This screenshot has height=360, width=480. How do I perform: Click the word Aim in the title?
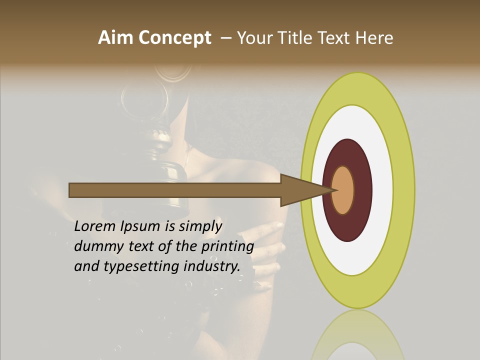pyautogui.click(x=116, y=38)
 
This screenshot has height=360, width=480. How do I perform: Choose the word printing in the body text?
pyautogui.click(x=227, y=247)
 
